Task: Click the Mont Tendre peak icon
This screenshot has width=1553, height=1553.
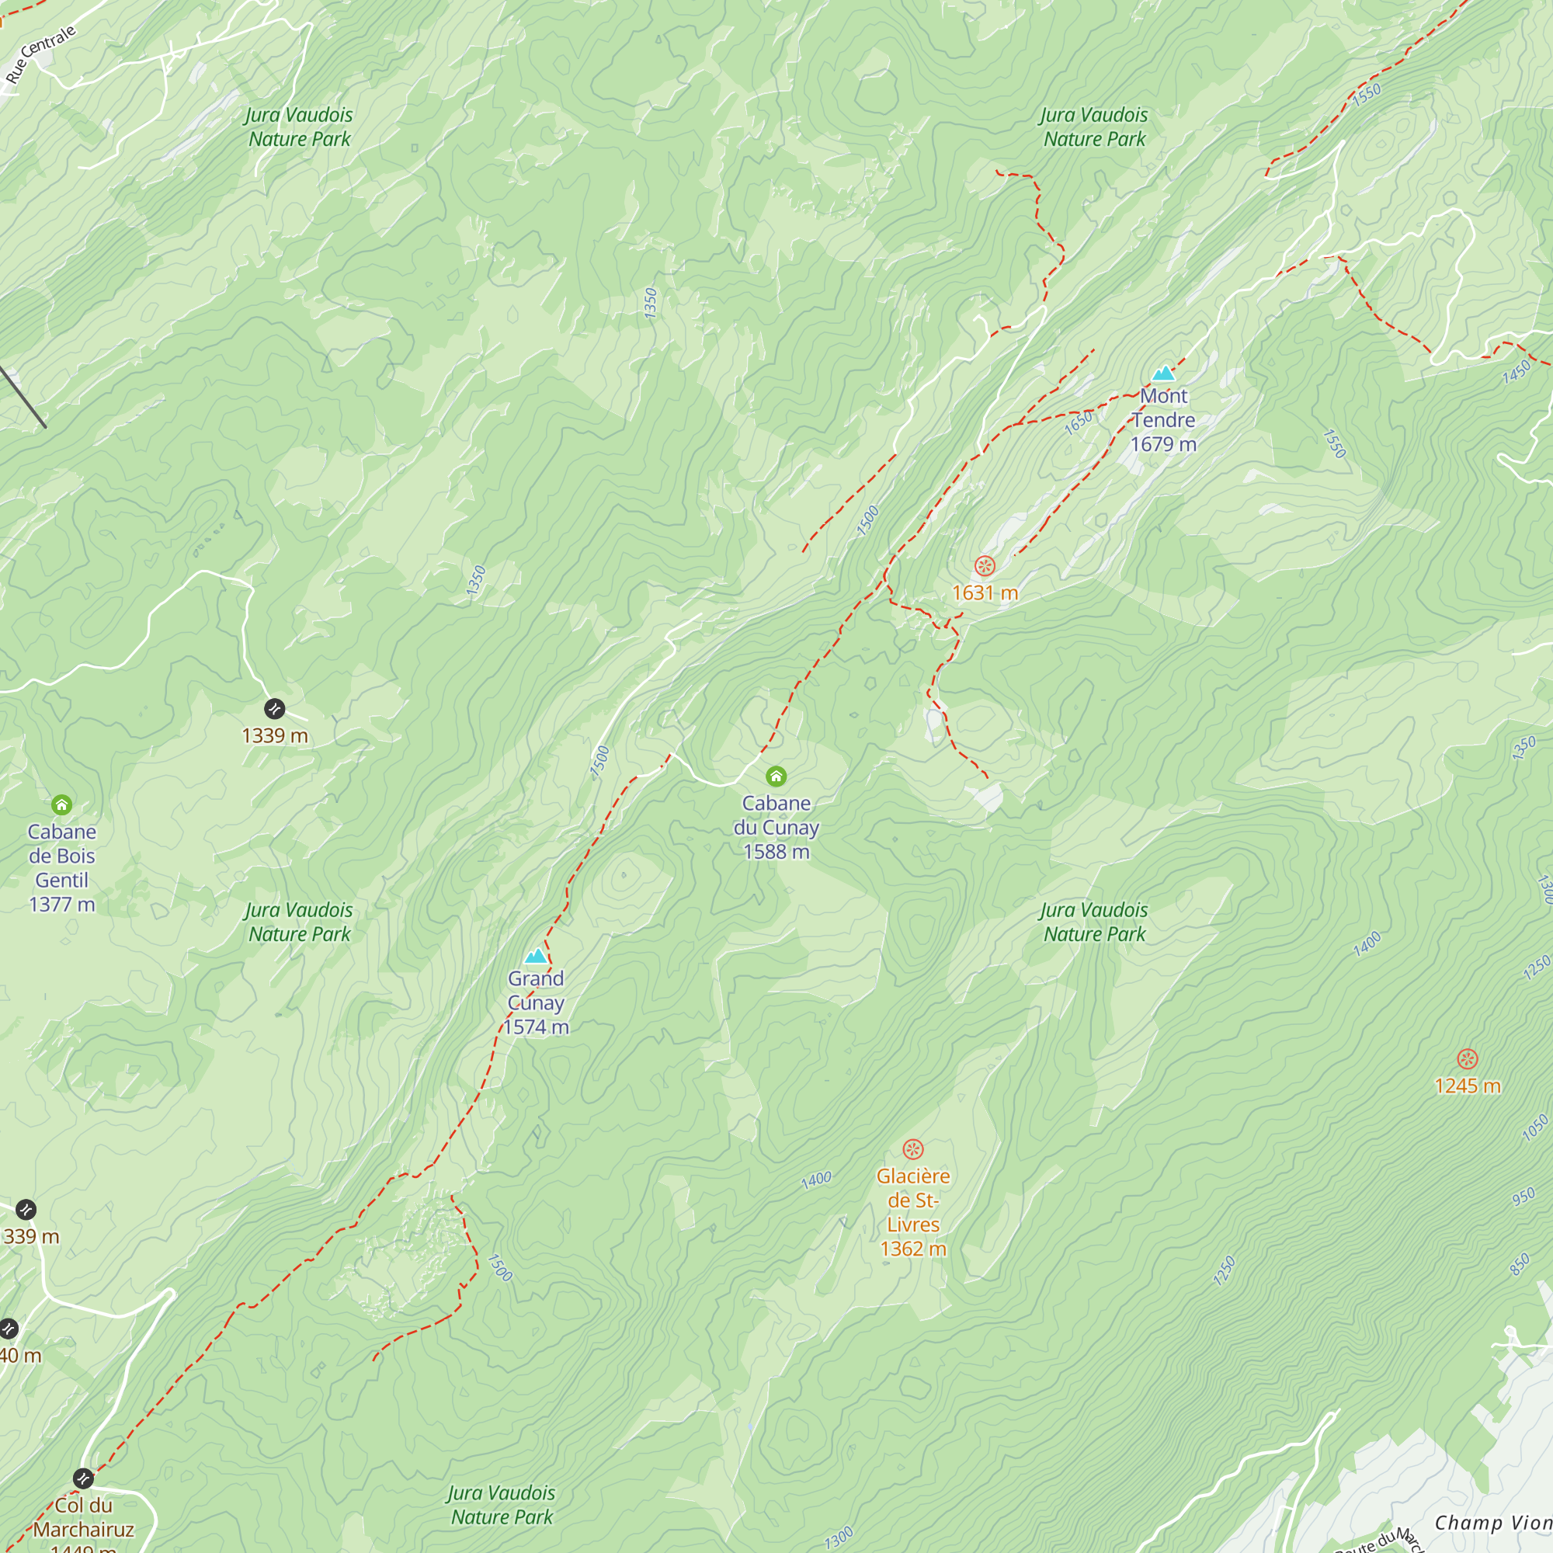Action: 1163,373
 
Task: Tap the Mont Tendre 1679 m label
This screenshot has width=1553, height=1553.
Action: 1163,419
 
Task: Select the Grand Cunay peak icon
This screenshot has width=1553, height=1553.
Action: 536,956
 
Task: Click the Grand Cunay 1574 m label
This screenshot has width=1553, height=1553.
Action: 536,1002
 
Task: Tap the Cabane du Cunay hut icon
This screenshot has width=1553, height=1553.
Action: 776,776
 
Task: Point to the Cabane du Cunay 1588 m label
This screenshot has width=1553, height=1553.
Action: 776,827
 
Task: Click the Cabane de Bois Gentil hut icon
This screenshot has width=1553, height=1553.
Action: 62,804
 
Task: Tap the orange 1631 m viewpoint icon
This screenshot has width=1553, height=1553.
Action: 985,566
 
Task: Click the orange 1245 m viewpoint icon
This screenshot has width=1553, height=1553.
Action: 1467,1058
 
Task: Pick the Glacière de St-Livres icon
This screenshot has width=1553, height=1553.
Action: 913,1148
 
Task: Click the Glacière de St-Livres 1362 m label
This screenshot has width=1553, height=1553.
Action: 913,1212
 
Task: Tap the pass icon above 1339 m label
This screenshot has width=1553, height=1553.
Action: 274,708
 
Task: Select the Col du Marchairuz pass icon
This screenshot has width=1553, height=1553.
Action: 84,1478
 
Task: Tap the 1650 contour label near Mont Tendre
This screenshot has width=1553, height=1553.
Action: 1078,422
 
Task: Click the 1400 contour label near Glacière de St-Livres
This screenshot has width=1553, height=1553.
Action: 816,1180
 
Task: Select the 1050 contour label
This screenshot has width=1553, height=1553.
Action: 1534,1128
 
